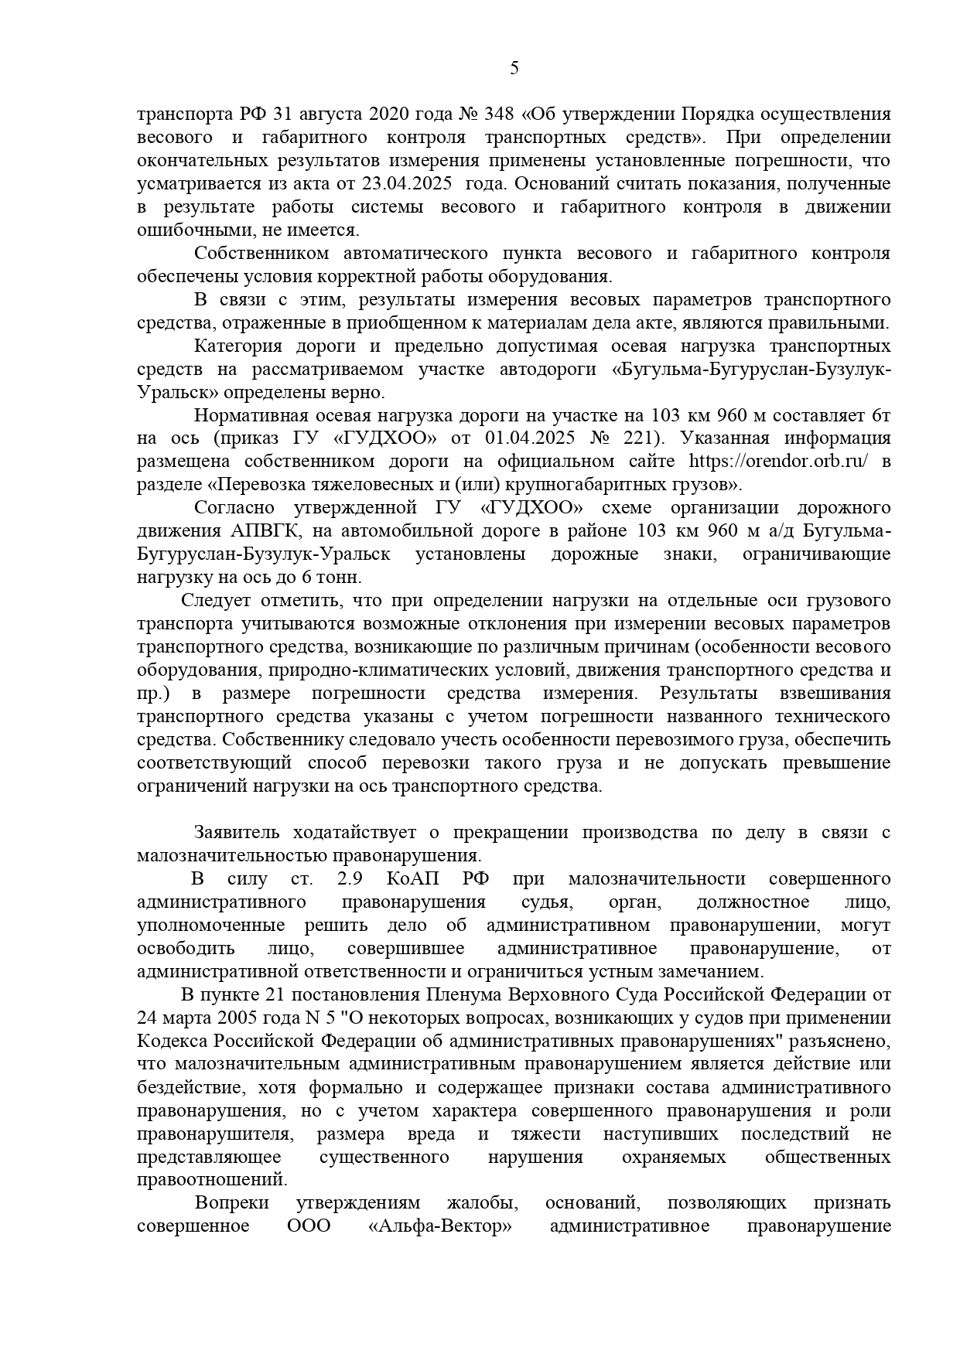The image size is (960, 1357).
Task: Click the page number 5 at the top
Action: [514, 68]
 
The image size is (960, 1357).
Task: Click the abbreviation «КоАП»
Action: [414, 879]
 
